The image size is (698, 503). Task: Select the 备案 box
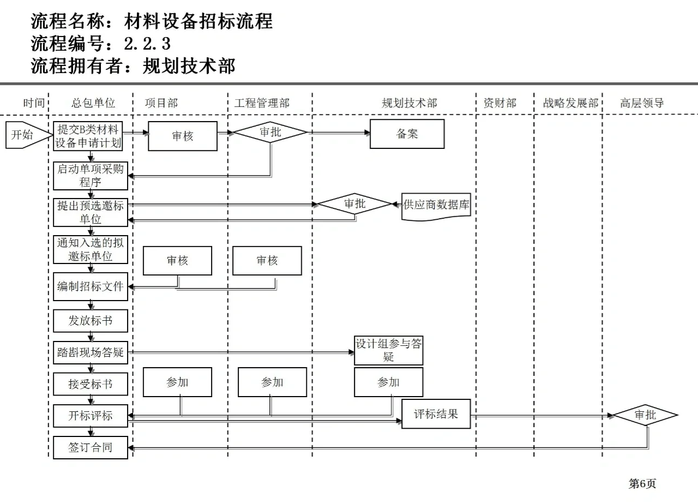[407, 134]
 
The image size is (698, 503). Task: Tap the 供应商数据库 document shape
[436, 206]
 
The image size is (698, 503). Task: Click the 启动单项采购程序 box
[91, 176]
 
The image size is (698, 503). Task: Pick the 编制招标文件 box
[91, 286]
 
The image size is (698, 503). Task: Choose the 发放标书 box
[91, 321]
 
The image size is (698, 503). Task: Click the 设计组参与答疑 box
[388, 350]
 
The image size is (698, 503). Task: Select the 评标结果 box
[436, 414]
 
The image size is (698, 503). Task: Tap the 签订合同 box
[91, 447]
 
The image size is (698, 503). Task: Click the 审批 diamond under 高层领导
[645, 415]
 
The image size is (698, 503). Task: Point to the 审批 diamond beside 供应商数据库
[355, 205]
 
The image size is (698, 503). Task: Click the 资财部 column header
[500, 103]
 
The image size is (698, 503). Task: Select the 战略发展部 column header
[570, 103]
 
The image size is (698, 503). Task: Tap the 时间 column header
[34, 103]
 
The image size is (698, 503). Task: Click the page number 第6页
[642, 484]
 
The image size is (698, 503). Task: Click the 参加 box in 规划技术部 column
[388, 382]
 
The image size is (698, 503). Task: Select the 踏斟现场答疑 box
[91, 352]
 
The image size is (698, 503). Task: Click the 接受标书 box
[91, 384]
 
